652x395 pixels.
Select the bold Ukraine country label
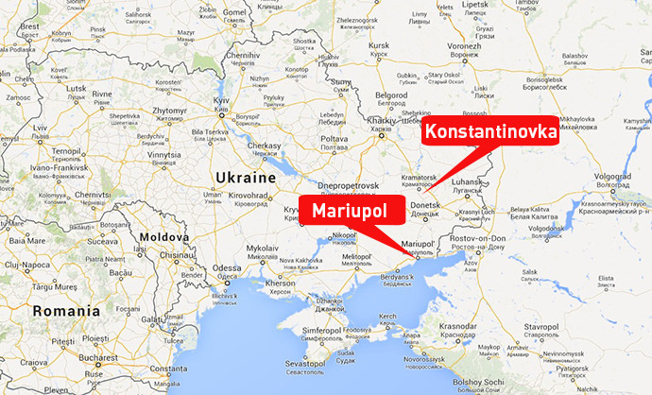point(243,177)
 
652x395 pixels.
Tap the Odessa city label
point(227,267)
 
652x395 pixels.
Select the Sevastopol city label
point(304,363)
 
